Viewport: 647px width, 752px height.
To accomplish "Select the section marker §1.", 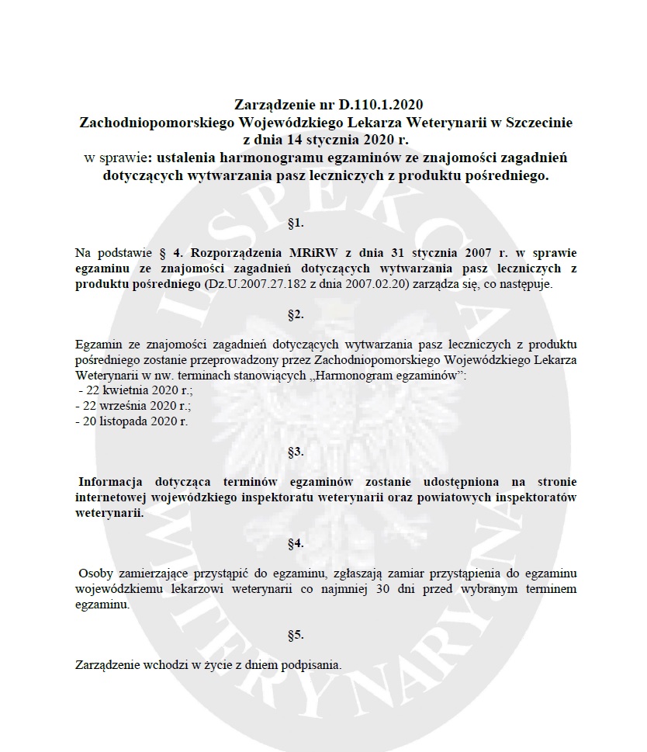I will coord(295,224).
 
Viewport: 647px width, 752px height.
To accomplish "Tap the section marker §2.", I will coord(295,314).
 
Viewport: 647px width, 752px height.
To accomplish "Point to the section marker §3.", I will coord(295,451).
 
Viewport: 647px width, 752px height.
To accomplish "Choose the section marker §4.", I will coord(295,543).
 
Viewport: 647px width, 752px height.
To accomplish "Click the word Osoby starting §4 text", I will coord(95,574).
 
